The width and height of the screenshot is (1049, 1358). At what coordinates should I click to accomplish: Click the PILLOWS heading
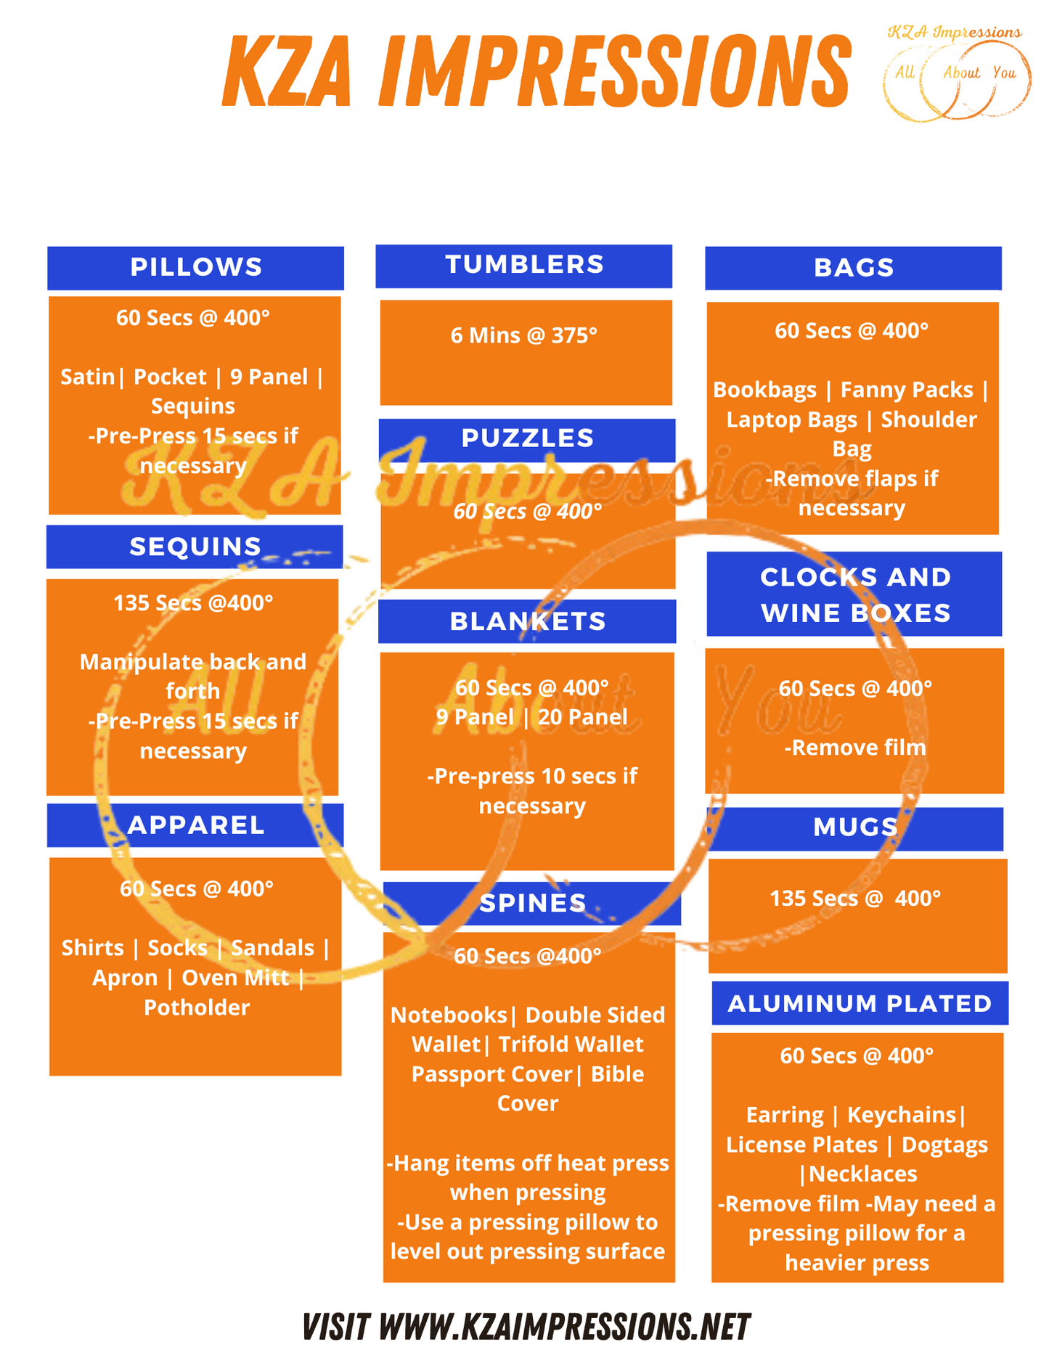click(196, 267)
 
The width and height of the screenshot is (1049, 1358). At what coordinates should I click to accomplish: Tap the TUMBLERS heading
click(524, 265)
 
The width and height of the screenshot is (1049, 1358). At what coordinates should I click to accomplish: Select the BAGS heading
click(854, 268)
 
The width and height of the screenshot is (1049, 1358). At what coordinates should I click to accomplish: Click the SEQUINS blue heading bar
click(195, 547)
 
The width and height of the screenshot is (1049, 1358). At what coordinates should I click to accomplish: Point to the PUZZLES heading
click(527, 438)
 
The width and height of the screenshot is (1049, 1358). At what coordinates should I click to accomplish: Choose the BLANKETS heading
click(528, 621)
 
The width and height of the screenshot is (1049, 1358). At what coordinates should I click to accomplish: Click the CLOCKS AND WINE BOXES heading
click(855, 594)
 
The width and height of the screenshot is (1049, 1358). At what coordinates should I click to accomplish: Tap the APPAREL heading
click(196, 825)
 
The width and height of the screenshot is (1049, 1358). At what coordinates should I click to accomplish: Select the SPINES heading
click(532, 903)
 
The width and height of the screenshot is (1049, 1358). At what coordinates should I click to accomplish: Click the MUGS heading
click(855, 827)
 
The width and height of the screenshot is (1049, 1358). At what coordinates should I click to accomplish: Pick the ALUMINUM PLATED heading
click(860, 1003)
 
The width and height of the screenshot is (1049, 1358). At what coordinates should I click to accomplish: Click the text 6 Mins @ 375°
click(523, 335)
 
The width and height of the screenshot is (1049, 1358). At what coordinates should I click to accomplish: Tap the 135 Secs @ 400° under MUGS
click(855, 899)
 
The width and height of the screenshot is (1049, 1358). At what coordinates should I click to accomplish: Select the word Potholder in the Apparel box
click(197, 1007)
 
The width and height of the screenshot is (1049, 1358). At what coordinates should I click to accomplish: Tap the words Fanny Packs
click(907, 390)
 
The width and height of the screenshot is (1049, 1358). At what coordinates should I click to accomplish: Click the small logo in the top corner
click(956, 73)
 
